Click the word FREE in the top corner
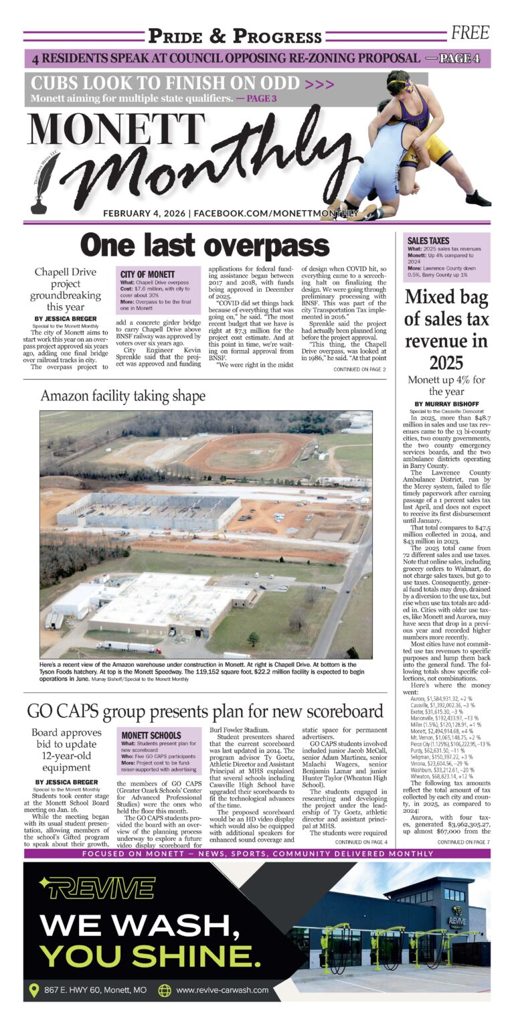coord(470,33)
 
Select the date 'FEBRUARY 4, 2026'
coord(145,214)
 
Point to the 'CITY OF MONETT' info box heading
coord(148,274)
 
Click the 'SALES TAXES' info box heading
coord(428,240)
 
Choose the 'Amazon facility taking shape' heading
coord(123,396)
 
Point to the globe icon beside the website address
coord(165,990)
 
